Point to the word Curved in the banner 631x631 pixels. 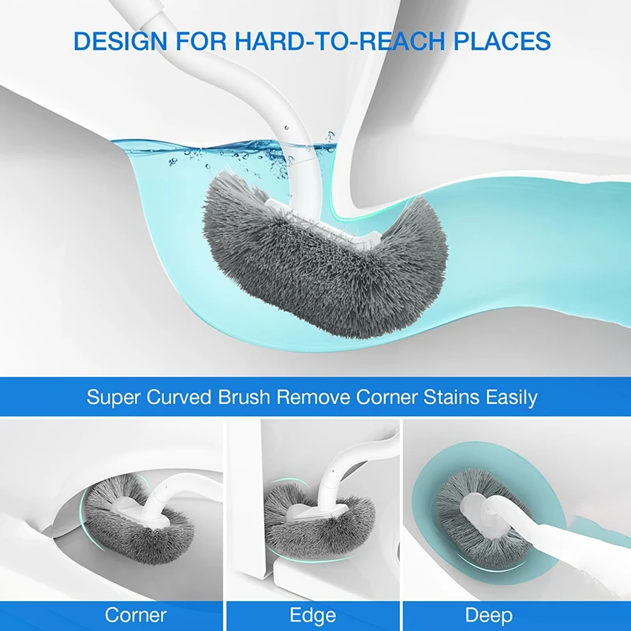click(179, 397)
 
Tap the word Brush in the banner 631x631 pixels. click(244, 397)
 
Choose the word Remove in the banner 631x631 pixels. click(312, 397)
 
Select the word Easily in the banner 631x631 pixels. click(511, 398)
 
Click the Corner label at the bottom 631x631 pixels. click(136, 615)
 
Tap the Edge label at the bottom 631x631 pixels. click(312, 616)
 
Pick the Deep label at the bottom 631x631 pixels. click(488, 616)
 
